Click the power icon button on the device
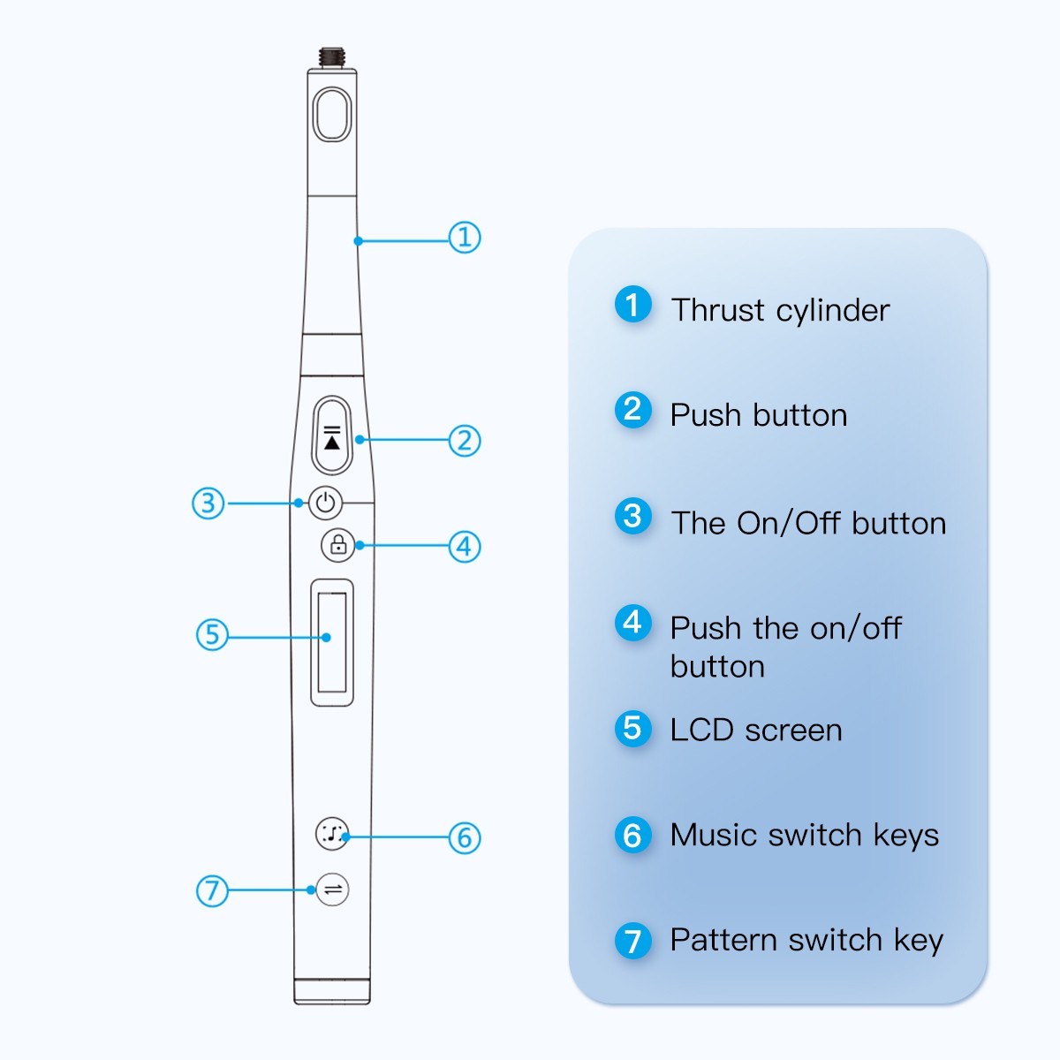[326, 503]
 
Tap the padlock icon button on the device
[337, 545]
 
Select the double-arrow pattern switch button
[333, 890]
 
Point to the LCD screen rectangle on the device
[332, 642]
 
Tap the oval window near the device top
[333, 113]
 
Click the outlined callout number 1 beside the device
[465, 237]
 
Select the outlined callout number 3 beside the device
[208, 503]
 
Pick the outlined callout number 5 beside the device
[212, 634]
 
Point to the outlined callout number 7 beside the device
[212, 890]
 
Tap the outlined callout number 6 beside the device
[465, 837]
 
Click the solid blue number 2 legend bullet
[632, 410]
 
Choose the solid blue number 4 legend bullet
[632, 623]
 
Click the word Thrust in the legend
[717, 311]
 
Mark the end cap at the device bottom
[332, 990]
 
